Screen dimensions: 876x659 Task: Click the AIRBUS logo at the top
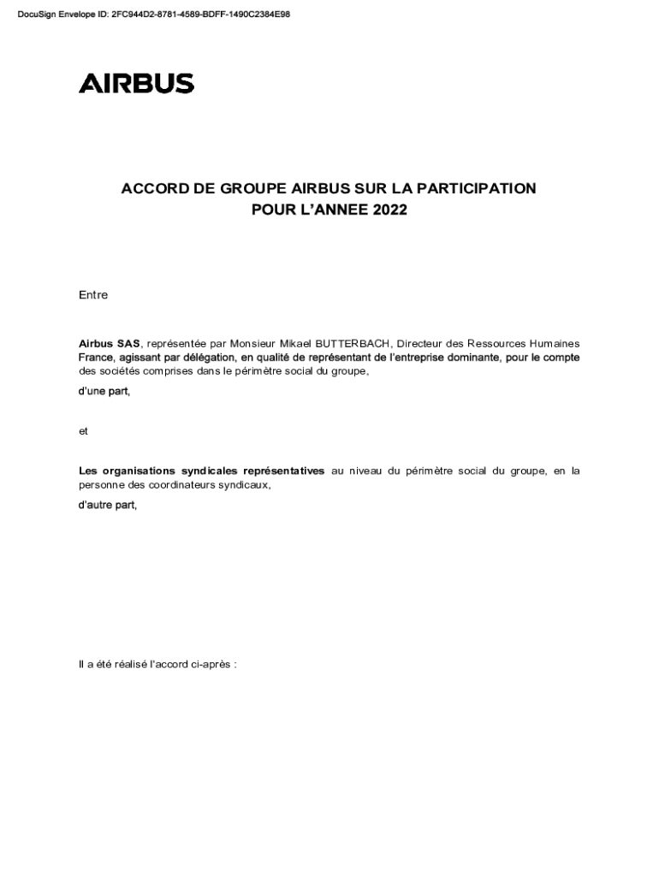pos(136,83)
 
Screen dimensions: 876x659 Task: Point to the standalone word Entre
pos(93,295)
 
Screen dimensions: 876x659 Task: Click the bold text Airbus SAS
pos(110,344)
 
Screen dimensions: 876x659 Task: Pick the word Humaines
pos(554,344)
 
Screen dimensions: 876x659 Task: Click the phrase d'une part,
pos(104,391)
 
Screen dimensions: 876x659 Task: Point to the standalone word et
pos(83,431)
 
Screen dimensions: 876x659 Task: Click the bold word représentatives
pos(284,471)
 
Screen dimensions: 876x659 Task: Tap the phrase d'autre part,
pos(108,505)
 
